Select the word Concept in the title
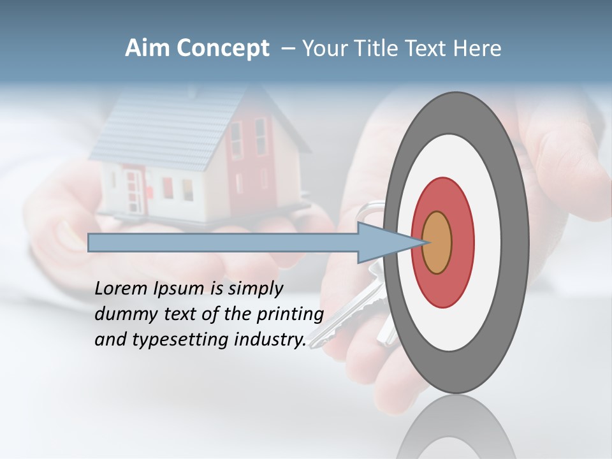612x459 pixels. tap(222, 49)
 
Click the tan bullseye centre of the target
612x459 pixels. tap(437, 243)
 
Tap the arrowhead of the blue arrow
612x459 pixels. tap(382, 243)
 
